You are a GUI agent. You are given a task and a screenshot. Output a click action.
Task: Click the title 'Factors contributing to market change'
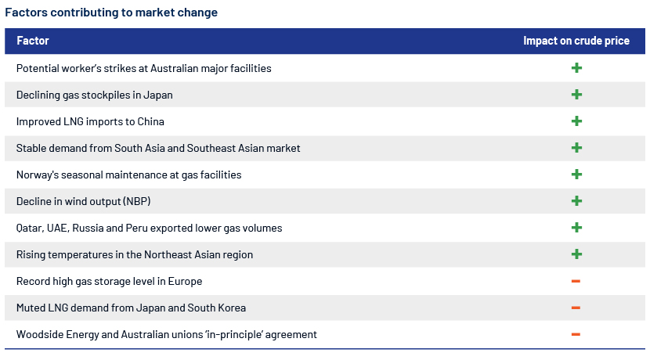pyautogui.click(x=111, y=13)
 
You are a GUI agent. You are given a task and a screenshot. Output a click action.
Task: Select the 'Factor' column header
pyautogui.click(x=33, y=41)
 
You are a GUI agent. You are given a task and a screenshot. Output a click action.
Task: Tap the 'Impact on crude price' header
pyautogui.click(x=576, y=41)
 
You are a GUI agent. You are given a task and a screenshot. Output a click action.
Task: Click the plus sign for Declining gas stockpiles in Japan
pyautogui.click(x=576, y=95)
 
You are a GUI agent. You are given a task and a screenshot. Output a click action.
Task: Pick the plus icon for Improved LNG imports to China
pyautogui.click(x=576, y=121)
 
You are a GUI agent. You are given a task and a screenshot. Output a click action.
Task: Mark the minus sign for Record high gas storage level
pyautogui.click(x=576, y=281)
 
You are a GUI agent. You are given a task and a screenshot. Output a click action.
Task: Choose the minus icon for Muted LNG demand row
pyautogui.click(x=576, y=308)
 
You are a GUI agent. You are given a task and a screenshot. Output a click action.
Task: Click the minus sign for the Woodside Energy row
pyautogui.click(x=576, y=334)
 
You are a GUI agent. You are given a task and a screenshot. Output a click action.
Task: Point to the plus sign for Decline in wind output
pyautogui.click(x=576, y=201)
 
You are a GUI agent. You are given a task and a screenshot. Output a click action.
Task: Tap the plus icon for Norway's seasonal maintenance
pyautogui.click(x=576, y=175)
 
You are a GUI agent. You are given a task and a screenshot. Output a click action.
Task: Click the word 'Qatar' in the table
pyautogui.click(x=29, y=229)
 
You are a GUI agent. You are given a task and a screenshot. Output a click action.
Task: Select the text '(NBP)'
pyautogui.click(x=137, y=201)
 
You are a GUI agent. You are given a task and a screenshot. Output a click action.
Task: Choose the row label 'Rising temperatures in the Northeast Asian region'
pyautogui.click(x=135, y=254)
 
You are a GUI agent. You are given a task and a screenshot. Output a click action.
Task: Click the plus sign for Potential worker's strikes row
pyautogui.click(x=576, y=68)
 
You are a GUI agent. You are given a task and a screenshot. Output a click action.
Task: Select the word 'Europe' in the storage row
pyautogui.click(x=185, y=281)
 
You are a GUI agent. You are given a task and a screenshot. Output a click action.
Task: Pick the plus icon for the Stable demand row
pyautogui.click(x=576, y=148)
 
